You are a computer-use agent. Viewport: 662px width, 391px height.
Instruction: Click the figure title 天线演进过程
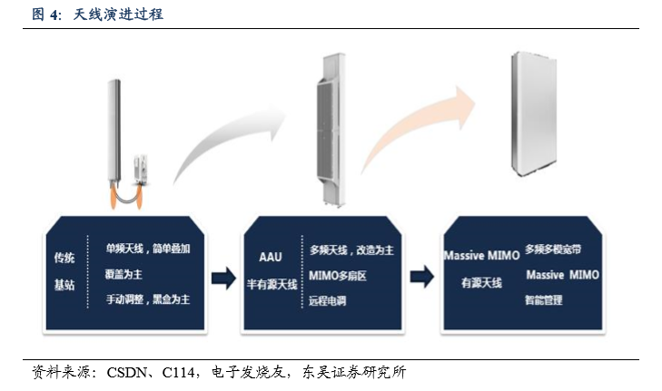(118, 15)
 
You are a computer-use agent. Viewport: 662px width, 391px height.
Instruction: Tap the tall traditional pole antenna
(114, 131)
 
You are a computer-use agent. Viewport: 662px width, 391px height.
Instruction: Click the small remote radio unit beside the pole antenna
(141, 170)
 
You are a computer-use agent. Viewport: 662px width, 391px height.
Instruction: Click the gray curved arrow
(223, 135)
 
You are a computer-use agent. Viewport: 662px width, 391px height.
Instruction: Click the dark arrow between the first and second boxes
(223, 278)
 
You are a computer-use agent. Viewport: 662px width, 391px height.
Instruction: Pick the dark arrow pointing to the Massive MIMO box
(421, 277)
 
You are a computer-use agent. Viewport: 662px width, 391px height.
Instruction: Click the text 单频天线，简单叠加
(148, 249)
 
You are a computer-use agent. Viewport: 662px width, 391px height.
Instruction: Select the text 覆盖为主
(124, 275)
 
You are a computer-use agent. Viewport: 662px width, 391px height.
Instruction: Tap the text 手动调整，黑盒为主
(148, 299)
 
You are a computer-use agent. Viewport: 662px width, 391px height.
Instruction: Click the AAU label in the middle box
(271, 257)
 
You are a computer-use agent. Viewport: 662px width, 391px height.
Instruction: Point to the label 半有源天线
(272, 284)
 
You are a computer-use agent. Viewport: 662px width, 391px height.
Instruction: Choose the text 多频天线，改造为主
(351, 250)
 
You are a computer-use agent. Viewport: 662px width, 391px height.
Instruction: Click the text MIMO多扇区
(337, 276)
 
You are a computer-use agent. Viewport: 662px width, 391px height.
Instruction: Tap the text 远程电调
(327, 301)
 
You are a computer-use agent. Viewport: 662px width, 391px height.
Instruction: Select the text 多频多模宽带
(553, 249)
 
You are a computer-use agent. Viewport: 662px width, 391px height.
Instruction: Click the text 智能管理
(543, 300)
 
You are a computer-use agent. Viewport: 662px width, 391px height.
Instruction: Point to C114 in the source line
(178, 373)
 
